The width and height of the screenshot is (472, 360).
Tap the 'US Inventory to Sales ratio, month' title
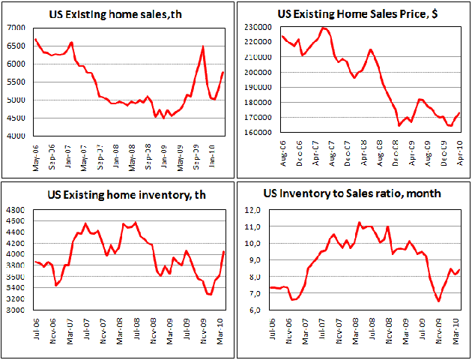(352, 193)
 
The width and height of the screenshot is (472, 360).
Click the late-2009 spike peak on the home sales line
(203, 47)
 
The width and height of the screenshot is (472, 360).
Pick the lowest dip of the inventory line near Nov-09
(210, 295)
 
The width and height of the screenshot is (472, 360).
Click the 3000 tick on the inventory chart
(16, 310)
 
